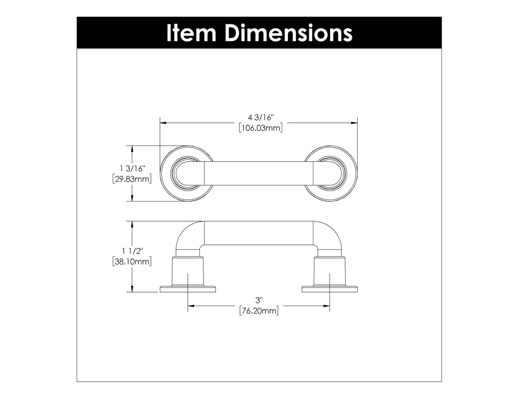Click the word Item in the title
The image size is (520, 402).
point(192,33)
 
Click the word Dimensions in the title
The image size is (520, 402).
point(288,33)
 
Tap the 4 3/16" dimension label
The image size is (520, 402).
point(261,117)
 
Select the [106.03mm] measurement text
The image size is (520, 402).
point(261,128)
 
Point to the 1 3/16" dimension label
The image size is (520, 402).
point(132,169)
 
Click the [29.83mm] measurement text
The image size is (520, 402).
point(132,179)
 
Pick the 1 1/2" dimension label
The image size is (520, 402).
point(132,251)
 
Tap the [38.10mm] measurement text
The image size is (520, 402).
point(132,261)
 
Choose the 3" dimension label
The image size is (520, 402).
point(259,300)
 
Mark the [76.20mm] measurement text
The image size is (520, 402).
point(259,311)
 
